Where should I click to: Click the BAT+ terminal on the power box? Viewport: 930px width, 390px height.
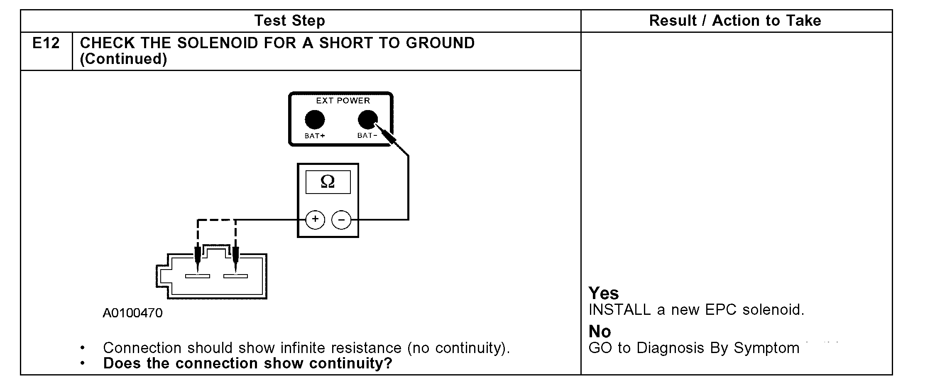315,120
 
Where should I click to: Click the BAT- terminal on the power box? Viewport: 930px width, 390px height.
367,120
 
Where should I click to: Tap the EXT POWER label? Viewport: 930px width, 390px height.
343,101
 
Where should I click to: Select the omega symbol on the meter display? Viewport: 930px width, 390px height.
328,182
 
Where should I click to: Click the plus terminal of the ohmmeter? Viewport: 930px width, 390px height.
315,219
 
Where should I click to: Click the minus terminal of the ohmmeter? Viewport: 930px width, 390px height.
341,219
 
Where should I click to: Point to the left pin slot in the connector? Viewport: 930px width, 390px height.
198,276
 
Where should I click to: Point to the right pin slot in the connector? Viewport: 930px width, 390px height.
235,276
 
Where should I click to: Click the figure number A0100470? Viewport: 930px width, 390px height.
132,313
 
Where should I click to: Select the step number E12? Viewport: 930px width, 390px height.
46,43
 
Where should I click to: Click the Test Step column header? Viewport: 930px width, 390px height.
289,20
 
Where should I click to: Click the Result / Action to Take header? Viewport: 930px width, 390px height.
735,20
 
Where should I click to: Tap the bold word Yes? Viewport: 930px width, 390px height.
603,293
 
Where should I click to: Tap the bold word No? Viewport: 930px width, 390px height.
600,331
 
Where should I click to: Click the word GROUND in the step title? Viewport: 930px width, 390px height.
440,43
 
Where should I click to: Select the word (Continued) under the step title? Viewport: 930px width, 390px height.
123,59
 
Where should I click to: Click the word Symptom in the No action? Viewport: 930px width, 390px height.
766,348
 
